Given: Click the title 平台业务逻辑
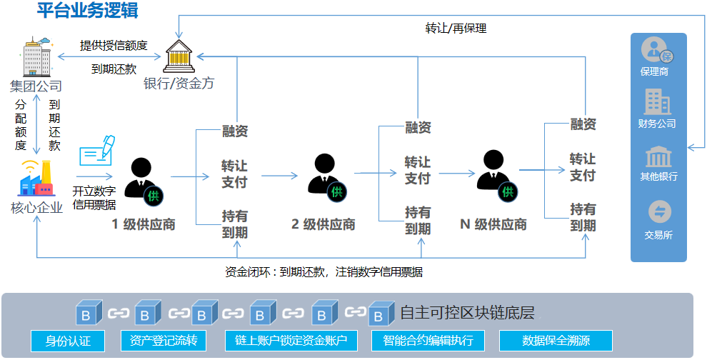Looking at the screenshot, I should pyautogui.click(x=88, y=11).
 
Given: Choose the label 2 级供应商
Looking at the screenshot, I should pyautogui.click(x=324, y=224).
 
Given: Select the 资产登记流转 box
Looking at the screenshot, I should pyautogui.click(x=164, y=341).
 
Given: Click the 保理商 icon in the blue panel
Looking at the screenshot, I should pyautogui.click(x=657, y=51).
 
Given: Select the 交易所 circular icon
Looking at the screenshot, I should pyautogui.click(x=658, y=212).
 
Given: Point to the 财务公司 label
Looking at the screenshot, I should pyautogui.click(x=657, y=124).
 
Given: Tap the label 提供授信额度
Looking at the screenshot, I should pyautogui.click(x=114, y=46).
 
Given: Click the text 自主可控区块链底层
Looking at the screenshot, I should pyautogui.click(x=467, y=313).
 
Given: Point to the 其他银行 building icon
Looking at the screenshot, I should pyautogui.click(x=658, y=158).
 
